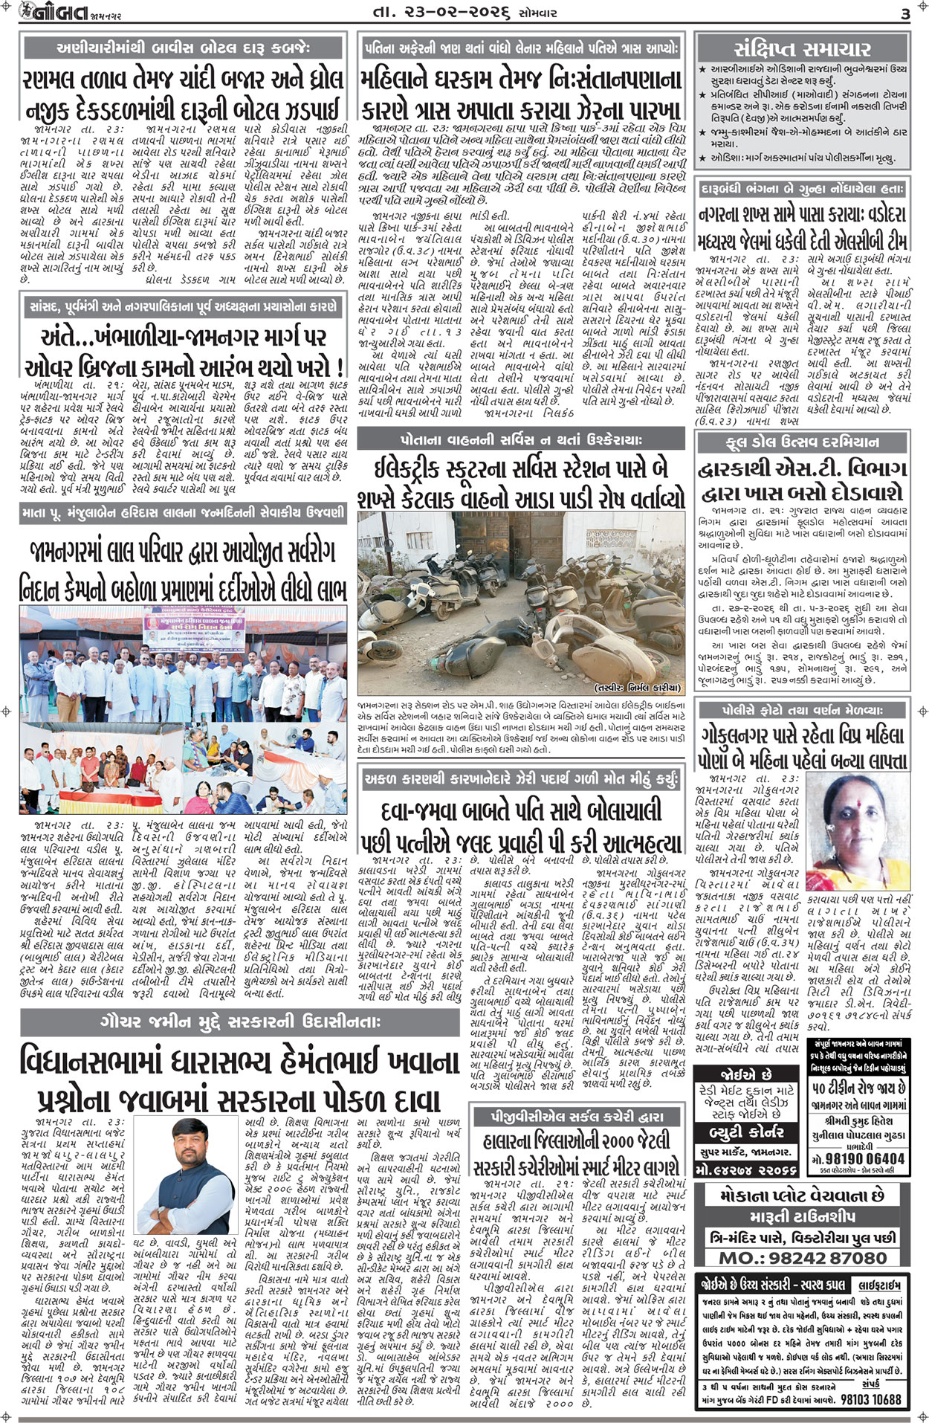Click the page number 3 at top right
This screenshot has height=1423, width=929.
[x=904, y=14]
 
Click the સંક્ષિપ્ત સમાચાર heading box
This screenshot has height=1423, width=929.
[x=803, y=49]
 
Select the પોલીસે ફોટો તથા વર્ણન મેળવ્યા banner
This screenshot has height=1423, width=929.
[x=803, y=710]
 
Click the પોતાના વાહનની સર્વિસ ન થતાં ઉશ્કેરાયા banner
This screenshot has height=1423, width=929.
[x=520, y=439]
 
